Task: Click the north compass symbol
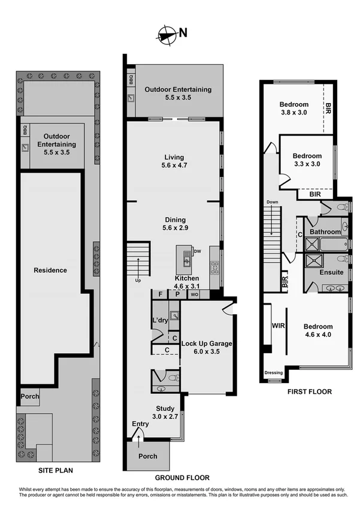click(x=167, y=34)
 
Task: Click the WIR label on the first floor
click(x=277, y=326)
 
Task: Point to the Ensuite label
click(x=331, y=272)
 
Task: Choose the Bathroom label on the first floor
click(x=325, y=232)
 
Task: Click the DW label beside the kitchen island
click(x=196, y=251)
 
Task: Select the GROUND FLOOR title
click(x=182, y=478)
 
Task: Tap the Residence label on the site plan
click(x=50, y=270)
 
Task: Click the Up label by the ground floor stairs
click(x=138, y=280)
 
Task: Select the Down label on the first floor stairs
click(x=273, y=202)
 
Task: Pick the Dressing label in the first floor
click(x=274, y=373)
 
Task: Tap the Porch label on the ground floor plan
click(x=148, y=456)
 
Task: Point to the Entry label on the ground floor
click(x=140, y=424)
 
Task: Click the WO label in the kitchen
click(x=195, y=295)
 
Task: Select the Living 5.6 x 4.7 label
click(x=174, y=161)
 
